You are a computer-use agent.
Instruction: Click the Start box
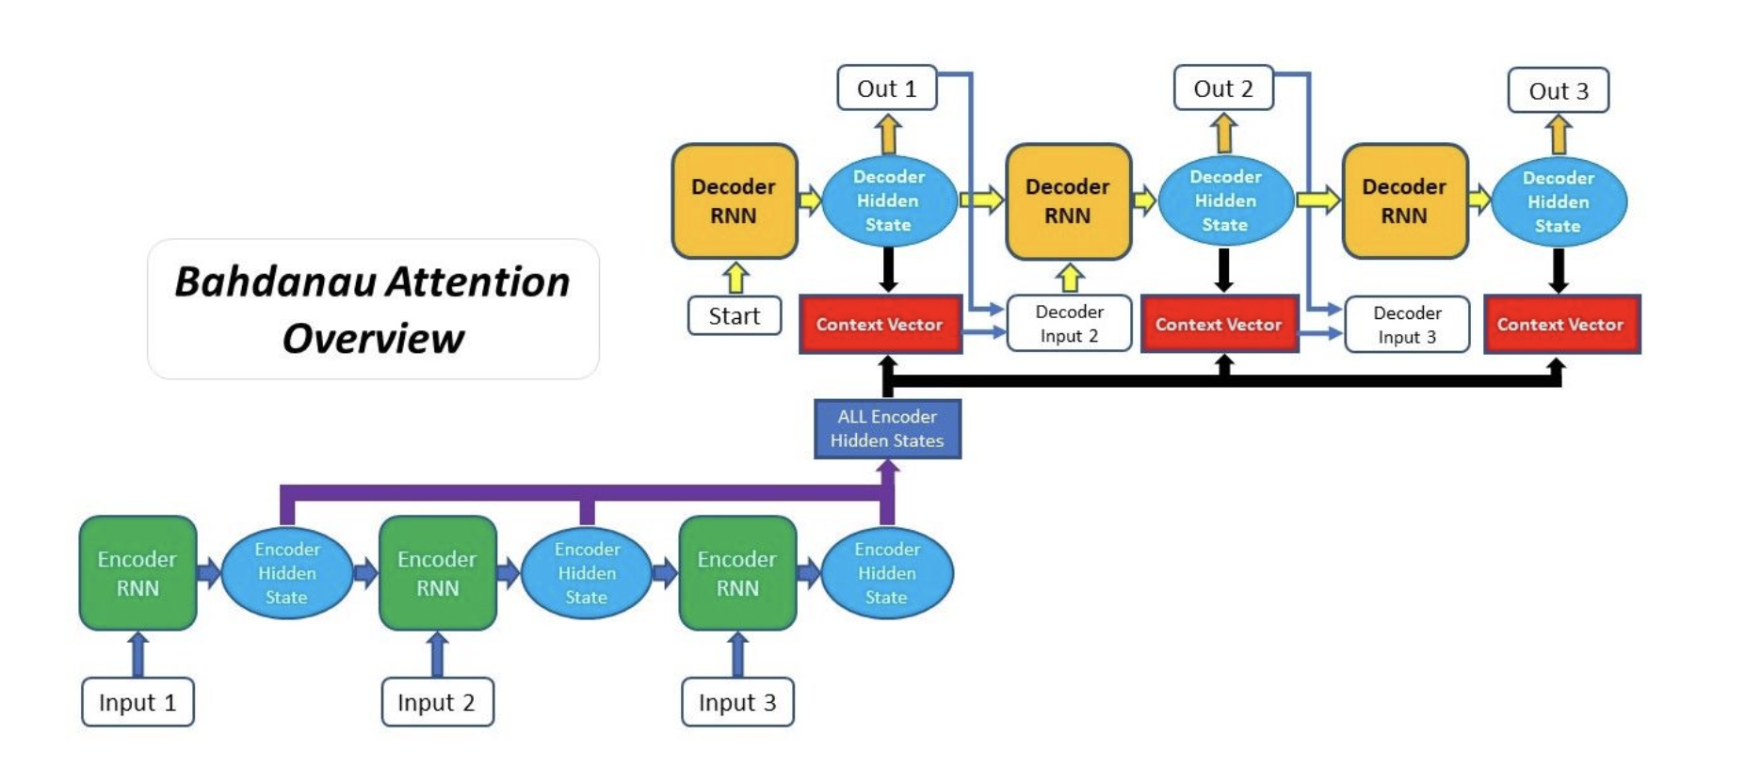[x=735, y=315]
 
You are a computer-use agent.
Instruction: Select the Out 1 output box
[x=886, y=88]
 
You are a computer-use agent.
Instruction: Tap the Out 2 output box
[x=1223, y=88]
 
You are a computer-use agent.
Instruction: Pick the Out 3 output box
[x=1558, y=91]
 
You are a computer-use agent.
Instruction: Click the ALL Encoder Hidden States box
[x=887, y=429]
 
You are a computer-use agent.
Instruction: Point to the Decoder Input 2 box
[x=1069, y=324]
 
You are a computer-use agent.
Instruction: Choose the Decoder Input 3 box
[x=1407, y=325]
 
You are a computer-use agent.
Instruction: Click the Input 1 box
[x=137, y=702]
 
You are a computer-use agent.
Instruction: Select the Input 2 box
[x=437, y=702]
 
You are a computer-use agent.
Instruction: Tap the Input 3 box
[x=737, y=702]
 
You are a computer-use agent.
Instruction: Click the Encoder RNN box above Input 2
[x=437, y=573]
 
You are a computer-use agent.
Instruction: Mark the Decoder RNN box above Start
[x=734, y=201]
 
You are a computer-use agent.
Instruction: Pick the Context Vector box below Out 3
[x=1561, y=325]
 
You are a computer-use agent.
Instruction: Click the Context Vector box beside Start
[x=880, y=325]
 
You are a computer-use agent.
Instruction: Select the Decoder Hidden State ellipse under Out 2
[x=1224, y=201]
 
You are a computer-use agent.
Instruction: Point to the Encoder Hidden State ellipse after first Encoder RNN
[x=287, y=573]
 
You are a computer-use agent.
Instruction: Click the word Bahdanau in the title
[x=279, y=282]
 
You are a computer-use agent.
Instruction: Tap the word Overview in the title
[x=373, y=339]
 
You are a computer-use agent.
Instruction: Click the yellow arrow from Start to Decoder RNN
[x=735, y=279]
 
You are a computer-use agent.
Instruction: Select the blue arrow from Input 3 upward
[x=737, y=654]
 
